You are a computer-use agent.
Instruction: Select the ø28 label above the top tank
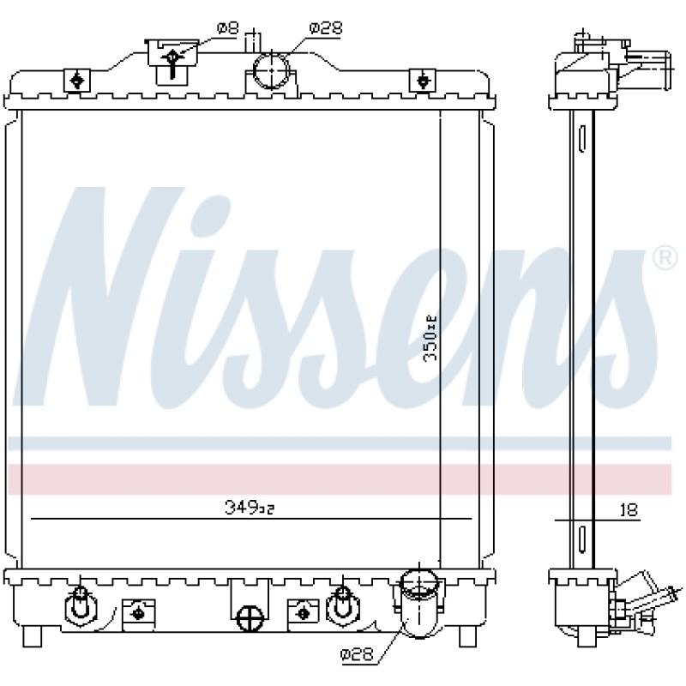[x=326, y=28]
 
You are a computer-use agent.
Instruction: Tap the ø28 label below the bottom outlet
[x=357, y=654]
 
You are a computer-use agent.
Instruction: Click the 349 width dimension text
[x=249, y=508]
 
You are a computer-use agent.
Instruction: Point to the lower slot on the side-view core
[x=582, y=539]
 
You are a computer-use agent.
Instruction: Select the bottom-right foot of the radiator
[x=469, y=635]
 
